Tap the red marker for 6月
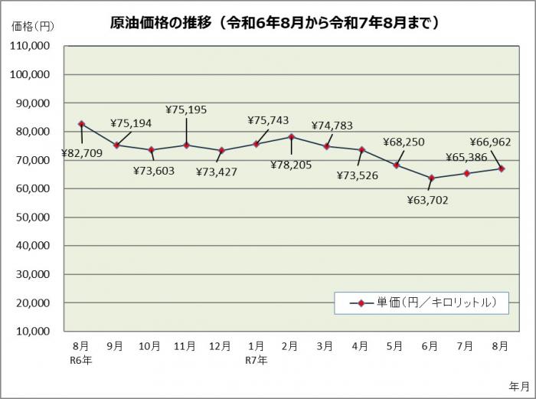coord(431,178)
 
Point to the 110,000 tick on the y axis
coord(31,46)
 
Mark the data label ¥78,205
coord(290,164)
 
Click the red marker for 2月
coord(291,137)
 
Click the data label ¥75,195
coord(186,110)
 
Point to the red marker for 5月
coord(397,165)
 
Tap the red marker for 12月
coord(221,151)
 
